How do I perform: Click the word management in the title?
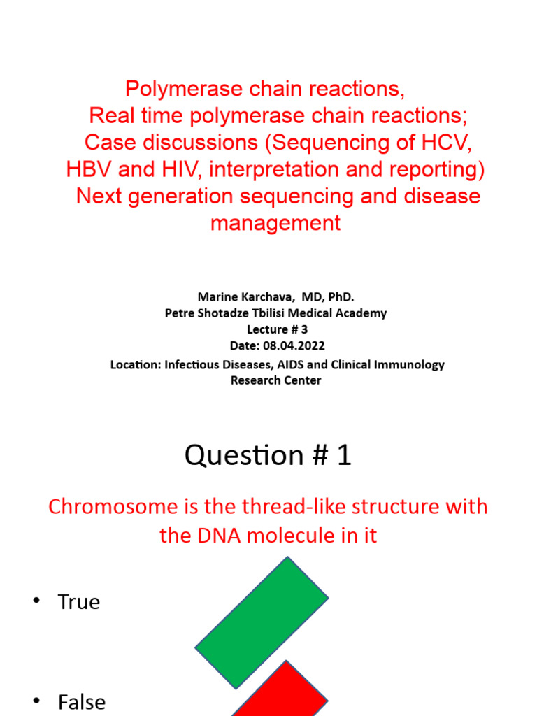[x=275, y=223]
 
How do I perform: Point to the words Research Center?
[x=275, y=380]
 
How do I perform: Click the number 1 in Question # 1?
[x=343, y=456]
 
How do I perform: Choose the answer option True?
[x=79, y=602]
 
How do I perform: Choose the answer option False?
[x=82, y=701]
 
